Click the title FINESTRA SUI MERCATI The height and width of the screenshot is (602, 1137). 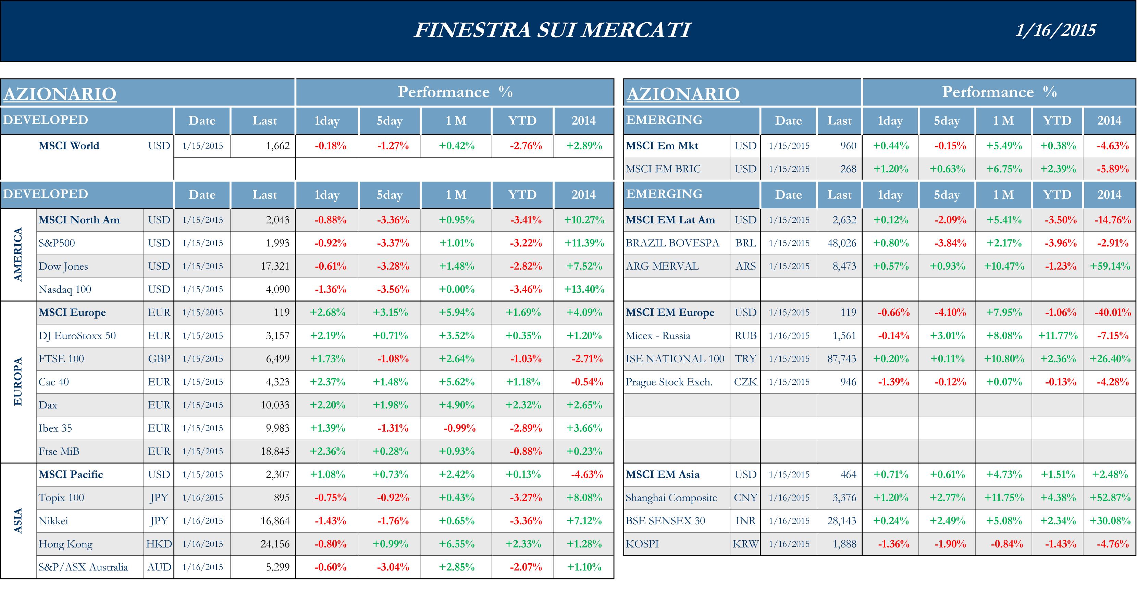(552, 30)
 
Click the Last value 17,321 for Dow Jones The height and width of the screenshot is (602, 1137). (274, 266)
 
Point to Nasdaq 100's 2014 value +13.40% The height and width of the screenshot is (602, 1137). (584, 290)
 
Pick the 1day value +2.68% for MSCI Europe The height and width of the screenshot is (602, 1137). (327, 312)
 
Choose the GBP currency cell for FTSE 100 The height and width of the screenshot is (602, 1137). (159, 359)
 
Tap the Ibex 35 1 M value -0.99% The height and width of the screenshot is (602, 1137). (459, 428)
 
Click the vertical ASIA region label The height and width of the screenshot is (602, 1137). (18, 521)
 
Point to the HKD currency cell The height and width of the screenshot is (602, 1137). (159, 544)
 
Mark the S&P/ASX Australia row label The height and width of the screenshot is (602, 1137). (83, 567)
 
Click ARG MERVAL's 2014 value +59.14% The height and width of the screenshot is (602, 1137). (1110, 266)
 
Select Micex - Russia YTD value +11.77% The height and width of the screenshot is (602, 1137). (1058, 336)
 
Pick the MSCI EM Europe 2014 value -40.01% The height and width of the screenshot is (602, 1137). (1112, 312)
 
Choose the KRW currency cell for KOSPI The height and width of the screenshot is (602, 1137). (745, 544)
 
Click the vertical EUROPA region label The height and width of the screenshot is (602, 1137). (18, 382)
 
